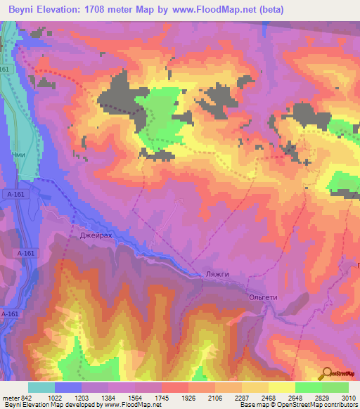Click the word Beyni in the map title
coord(25,8)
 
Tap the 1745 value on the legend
coord(169,397)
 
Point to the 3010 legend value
coord(349,397)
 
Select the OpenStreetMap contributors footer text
coord(318,405)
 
